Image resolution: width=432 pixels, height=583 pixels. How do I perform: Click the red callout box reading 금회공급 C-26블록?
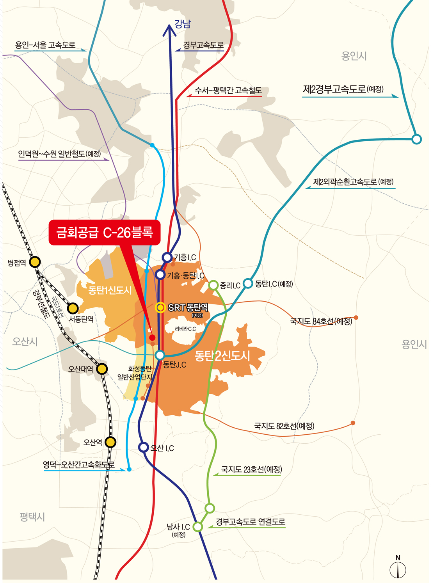point(104,233)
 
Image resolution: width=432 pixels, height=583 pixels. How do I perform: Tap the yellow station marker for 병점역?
point(35,262)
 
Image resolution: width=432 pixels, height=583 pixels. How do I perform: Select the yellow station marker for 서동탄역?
point(73,308)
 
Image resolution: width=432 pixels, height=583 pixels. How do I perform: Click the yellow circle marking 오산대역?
point(102,368)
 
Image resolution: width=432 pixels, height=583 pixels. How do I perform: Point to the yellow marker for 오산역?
point(110,442)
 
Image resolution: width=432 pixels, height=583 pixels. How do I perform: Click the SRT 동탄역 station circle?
point(160,307)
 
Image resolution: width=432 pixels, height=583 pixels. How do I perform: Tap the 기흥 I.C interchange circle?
point(167,257)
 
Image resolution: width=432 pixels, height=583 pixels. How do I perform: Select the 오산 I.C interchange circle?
point(144,447)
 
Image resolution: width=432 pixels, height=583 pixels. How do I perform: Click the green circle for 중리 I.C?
point(213,285)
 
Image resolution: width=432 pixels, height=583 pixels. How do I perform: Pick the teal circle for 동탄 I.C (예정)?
point(248,283)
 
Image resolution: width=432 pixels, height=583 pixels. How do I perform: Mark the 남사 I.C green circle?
point(198,527)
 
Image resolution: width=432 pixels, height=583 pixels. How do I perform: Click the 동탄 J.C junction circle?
point(160,355)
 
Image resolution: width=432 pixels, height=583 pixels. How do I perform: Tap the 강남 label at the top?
point(183,24)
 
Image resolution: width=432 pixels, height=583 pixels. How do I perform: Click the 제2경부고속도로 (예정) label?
point(343,89)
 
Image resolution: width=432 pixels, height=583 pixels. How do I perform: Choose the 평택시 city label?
point(32,517)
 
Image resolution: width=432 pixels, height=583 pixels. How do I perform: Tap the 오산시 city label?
point(25,342)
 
